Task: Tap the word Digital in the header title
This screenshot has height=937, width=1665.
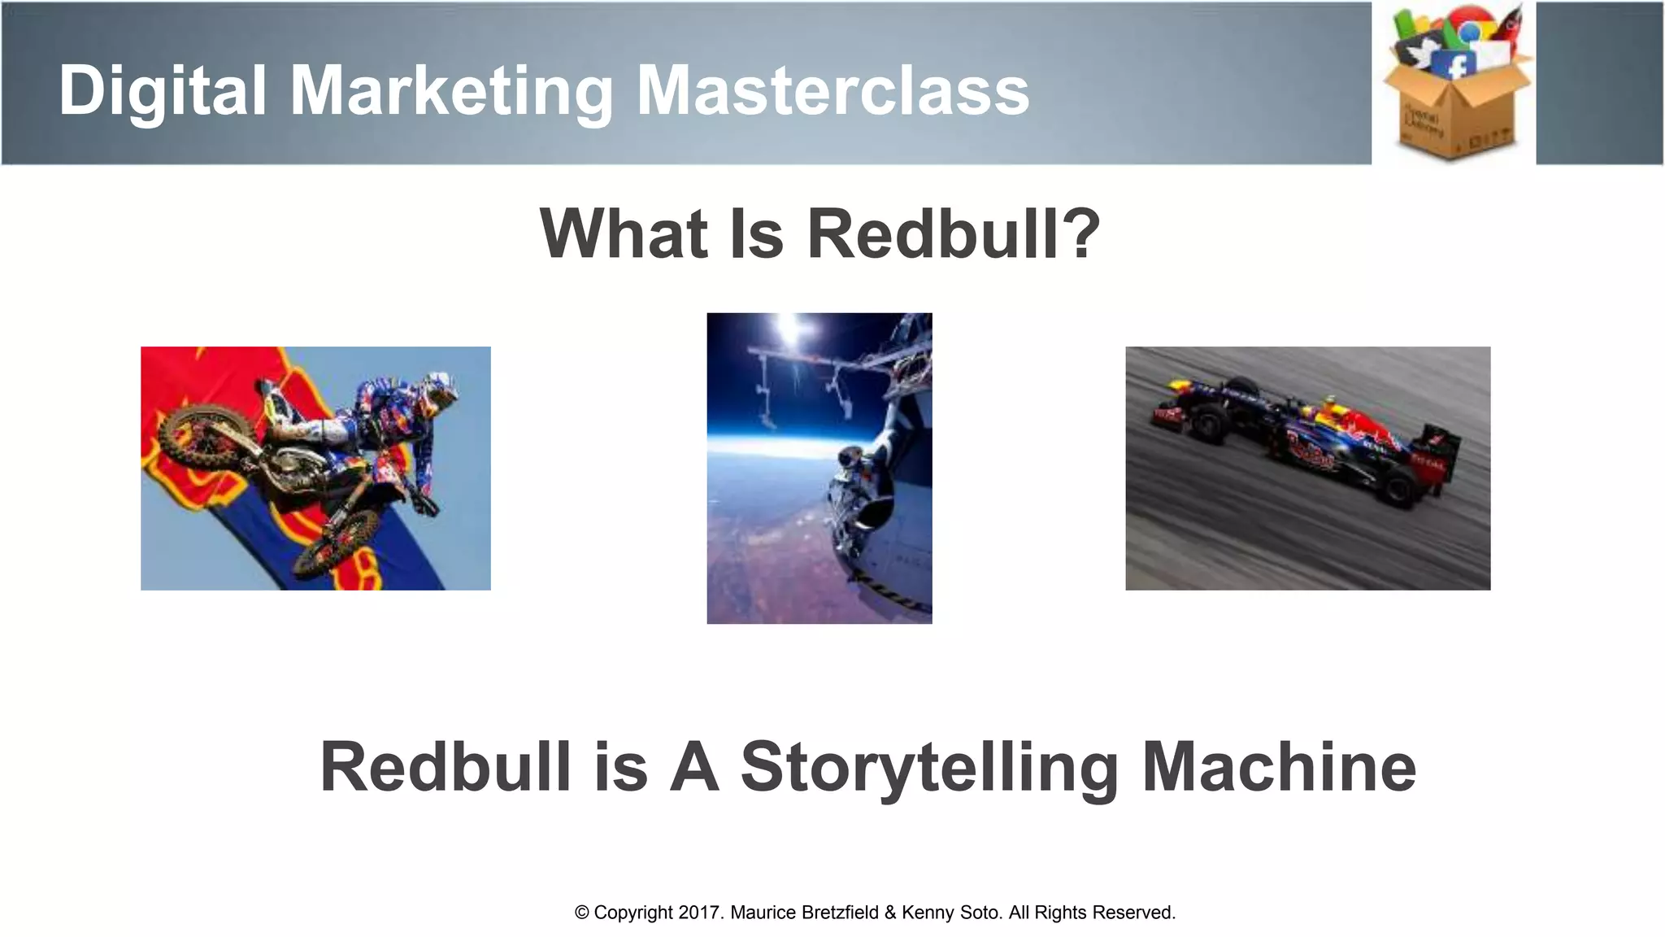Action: [163, 91]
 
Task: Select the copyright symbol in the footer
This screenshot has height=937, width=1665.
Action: [582, 913]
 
